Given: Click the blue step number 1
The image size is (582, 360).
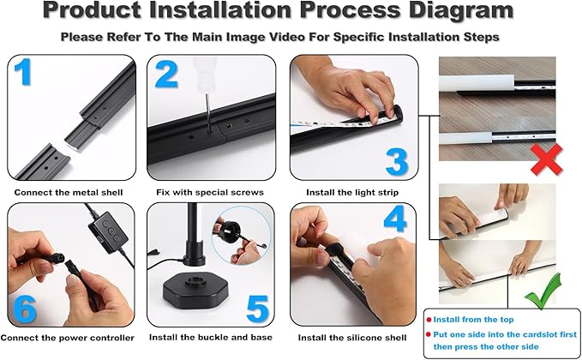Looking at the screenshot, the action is click(23, 72).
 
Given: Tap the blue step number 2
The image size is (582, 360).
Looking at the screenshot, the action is click(166, 75).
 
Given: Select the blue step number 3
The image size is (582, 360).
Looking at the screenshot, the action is click(397, 162).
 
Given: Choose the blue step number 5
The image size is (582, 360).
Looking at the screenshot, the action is click(257, 309).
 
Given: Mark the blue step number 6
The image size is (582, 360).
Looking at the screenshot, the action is click(25, 309).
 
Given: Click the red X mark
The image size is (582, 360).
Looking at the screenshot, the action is click(546, 159).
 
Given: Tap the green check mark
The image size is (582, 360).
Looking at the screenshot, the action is click(543, 291).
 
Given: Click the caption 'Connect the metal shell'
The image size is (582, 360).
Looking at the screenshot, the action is click(69, 193).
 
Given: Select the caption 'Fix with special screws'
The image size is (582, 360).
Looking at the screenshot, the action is click(210, 192).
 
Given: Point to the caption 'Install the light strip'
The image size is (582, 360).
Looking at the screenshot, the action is click(352, 192).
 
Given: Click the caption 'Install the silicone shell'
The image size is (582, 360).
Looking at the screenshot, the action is click(352, 338).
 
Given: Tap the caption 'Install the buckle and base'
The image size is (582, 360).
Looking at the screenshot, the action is click(211, 338).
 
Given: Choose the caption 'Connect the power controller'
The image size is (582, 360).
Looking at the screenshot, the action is click(67, 338).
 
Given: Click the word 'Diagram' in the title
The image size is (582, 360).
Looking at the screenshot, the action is click(461, 10).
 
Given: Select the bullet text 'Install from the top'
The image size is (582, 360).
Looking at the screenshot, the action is click(473, 320).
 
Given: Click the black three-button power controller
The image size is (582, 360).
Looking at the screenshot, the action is click(108, 232).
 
